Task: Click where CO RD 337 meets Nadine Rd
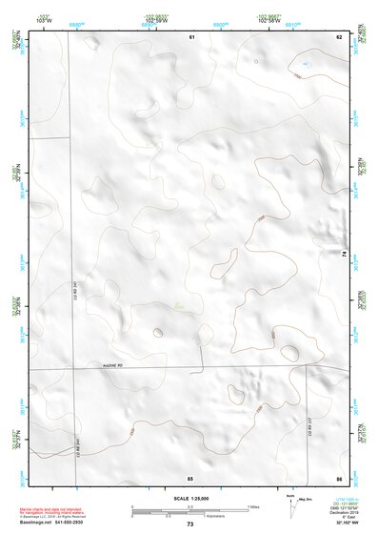pyautogui.click(x=306, y=368)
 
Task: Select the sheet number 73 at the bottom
pyautogui.click(x=189, y=525)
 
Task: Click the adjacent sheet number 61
pyautogui.click(x=191, y=35)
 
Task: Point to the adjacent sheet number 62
pyautogui.click(x=338, y=35)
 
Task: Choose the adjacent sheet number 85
pyautogui.click(x=190, y=477)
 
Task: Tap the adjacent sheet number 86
pyautogui.click(x=338, y=477)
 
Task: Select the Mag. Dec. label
pyautogui.click(x=307, y=500)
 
